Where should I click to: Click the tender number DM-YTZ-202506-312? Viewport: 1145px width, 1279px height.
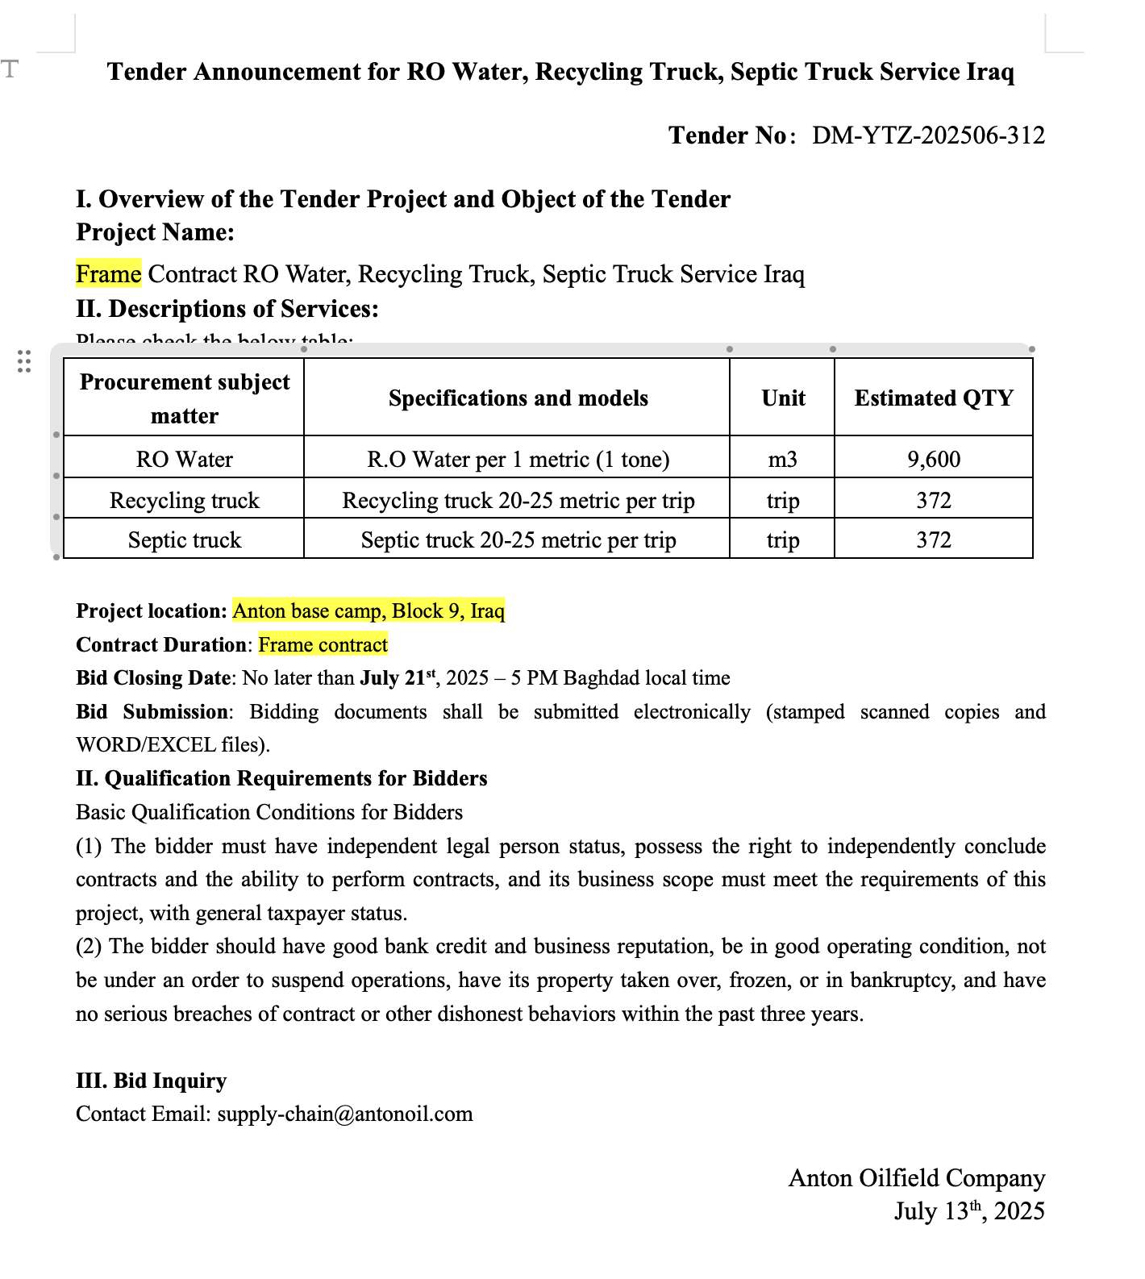[x=928, y=135]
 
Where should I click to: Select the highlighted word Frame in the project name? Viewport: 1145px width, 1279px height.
[x=109, y=274]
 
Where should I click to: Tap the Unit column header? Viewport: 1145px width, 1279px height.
[x=783, y=398]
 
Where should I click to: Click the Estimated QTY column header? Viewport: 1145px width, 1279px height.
[x=934, y=398]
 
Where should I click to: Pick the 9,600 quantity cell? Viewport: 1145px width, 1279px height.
[x=934, y=460]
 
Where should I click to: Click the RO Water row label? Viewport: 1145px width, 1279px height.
[x=185, y=460]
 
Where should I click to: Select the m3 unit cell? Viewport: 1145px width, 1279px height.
[x=783, y=460]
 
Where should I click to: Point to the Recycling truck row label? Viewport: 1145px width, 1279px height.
[x=185, y=501]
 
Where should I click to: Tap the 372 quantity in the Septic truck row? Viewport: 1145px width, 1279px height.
[x=934, y=540]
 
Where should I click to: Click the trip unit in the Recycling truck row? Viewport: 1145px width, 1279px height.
[x=783, y=501]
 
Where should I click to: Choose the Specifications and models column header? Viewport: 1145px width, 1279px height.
[x=518, y=398]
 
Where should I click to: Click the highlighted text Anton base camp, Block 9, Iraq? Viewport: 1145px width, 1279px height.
[x=368, y=611]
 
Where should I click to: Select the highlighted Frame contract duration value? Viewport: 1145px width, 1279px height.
[x=323, y=645]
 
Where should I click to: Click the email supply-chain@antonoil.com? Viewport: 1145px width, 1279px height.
[x=345, y=1114]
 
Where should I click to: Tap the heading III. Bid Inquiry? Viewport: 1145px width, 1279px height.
[x=152, y=1081]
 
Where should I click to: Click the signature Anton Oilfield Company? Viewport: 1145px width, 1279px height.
[x=916, y=1178]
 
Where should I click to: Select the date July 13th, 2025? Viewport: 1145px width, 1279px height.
[x=968, y=1211]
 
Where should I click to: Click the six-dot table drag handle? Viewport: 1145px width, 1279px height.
[x=24, y=361]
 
